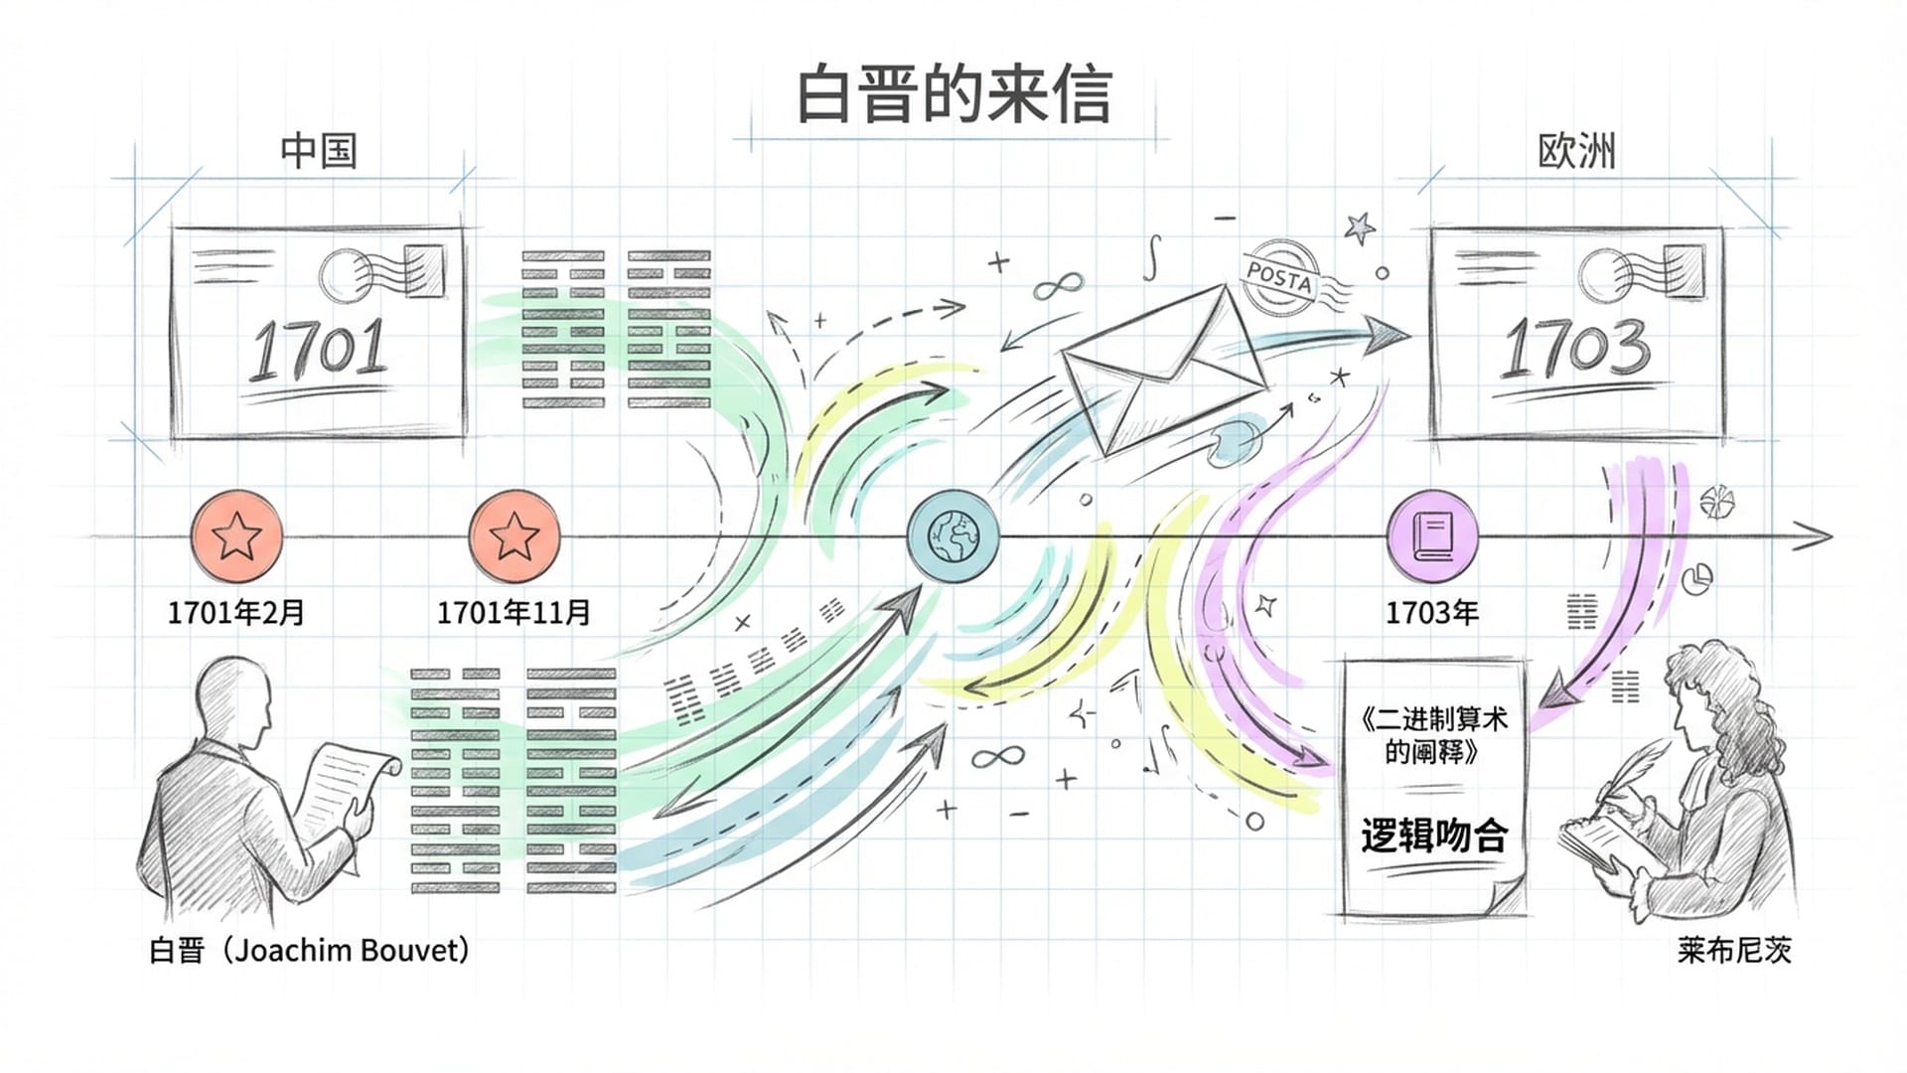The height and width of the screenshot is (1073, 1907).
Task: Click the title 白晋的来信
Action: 953,95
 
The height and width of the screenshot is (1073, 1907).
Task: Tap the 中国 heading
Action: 318,151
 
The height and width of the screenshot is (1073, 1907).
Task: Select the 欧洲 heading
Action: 1576,151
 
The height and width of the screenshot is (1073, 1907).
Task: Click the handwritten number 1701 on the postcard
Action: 318,350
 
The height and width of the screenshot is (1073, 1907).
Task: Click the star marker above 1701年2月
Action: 236,536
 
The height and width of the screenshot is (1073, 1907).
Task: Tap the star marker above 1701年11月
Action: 514,536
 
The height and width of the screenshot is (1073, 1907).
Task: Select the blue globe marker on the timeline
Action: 953,536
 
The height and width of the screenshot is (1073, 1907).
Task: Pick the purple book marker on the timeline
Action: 1432,536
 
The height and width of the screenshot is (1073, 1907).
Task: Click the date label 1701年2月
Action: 236,612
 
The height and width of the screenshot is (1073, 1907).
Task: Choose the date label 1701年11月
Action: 514,612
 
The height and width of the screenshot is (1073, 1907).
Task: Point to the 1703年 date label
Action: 1432,612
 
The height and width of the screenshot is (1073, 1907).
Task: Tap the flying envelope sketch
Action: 1162,368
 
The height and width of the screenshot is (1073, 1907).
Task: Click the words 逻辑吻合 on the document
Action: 1433,836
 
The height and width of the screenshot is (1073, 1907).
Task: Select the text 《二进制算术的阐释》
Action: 1433,734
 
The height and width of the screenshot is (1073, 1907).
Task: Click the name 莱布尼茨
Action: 1734,950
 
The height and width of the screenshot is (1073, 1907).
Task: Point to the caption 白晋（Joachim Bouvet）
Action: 309,950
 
